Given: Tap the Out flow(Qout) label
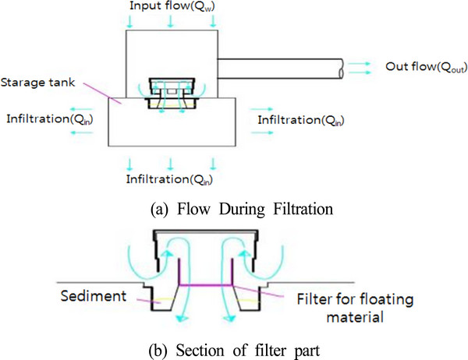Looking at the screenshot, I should point(421,67).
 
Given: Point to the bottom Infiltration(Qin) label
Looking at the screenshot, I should point(171,179).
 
